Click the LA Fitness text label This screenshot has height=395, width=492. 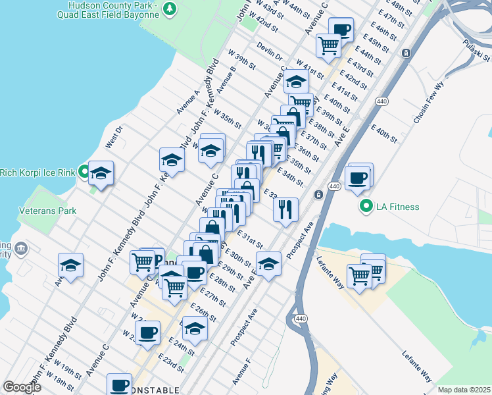pos(397,207)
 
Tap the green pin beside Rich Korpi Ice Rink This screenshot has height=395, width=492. pos(84,172)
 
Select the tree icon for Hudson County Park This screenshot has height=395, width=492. pos(170,9)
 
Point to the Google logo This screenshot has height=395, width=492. pos(22,387)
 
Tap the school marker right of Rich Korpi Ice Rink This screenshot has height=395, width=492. pos(101,174)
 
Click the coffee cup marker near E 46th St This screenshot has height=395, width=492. pos(341,29)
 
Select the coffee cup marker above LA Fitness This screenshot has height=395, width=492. pos(358,178)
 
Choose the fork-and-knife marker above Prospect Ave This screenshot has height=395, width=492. pos(285,210)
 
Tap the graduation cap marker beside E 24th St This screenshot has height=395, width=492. pos(195,328)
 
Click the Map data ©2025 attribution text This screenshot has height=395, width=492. pos(463,390)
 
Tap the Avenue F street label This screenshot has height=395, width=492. pos(241,372)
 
